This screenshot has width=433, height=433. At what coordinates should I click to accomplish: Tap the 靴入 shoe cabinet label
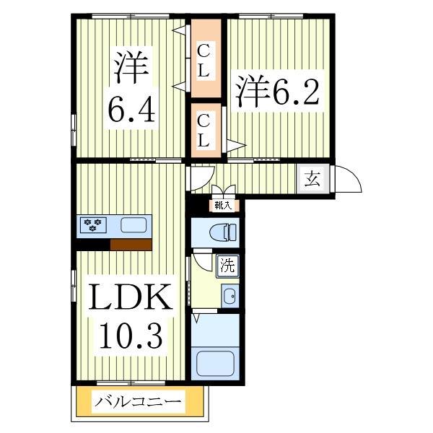tap(222, 206)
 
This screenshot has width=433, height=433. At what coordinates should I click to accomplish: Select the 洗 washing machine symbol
tap(227, 266)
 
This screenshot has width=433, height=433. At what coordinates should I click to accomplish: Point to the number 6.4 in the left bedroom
tap(132, 110)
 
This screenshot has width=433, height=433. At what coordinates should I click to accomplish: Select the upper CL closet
tap(204, 61)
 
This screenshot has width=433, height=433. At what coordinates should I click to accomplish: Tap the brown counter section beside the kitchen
tap(130, 244)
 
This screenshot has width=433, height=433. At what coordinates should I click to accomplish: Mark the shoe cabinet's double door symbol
tap(223, 192)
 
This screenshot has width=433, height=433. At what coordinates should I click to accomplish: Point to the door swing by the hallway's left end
tap(201, 176)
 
